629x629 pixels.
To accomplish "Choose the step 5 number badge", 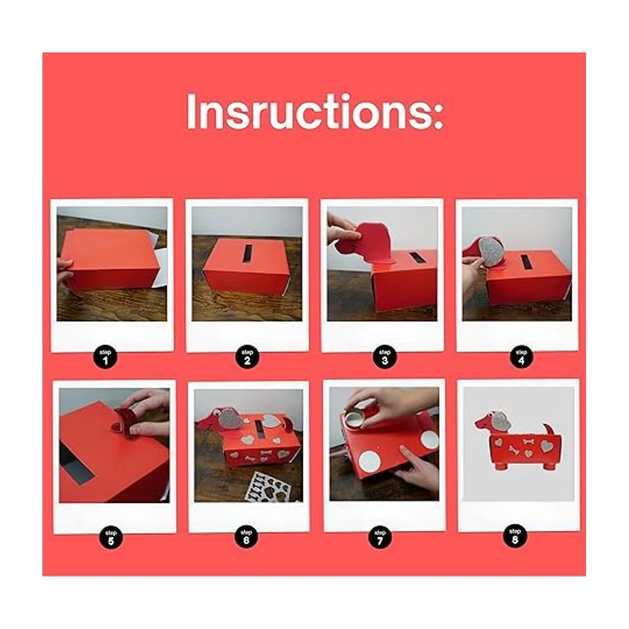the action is (111, 538).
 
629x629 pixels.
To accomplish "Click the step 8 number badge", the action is (515, 536).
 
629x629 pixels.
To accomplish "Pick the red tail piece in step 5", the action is (123, 421).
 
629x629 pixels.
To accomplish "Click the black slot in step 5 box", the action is (75, 461).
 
